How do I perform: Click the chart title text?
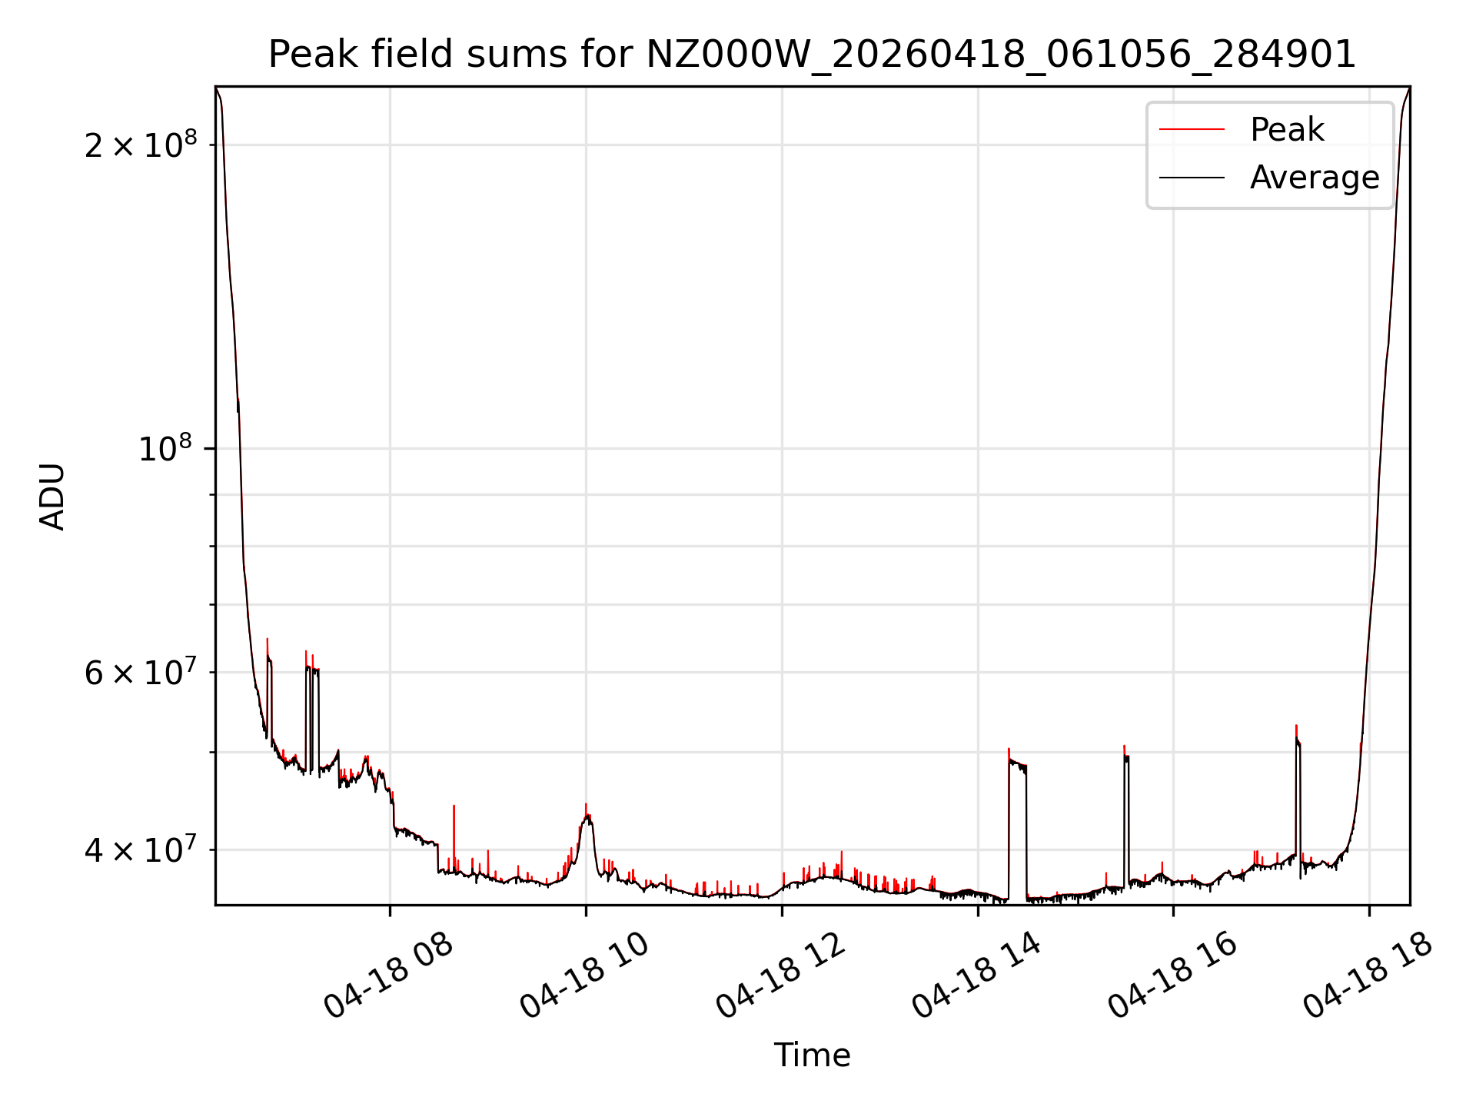(812, 55)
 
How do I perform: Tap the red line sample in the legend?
(1192, 130)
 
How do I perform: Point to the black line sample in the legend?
(1192, 178)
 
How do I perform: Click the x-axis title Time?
(812, 1055)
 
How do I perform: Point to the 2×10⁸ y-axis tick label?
(141, 144)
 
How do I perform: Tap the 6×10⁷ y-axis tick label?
(141, 672)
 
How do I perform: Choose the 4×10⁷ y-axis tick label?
(141, 849)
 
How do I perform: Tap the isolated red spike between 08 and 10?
(454, 838)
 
